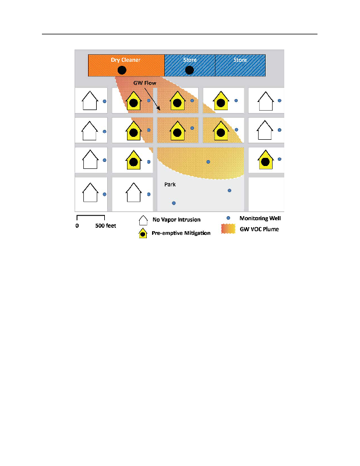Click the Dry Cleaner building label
click(125, 60)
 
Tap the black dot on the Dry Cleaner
click(122, 70)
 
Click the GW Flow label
click(144, 83)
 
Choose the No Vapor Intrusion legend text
click(176, 220)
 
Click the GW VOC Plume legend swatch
click(228, 229)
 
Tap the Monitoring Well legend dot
click(228, 218)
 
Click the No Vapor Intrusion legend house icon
click(142, 220)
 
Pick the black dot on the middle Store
click(189, 70)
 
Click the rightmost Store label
click(240, 60)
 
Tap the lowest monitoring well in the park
click(174, 203)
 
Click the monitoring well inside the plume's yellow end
click(208, 161)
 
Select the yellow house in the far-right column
click(266, 159)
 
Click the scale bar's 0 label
click(77, 226)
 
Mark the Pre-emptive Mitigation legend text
click(181, 233)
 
